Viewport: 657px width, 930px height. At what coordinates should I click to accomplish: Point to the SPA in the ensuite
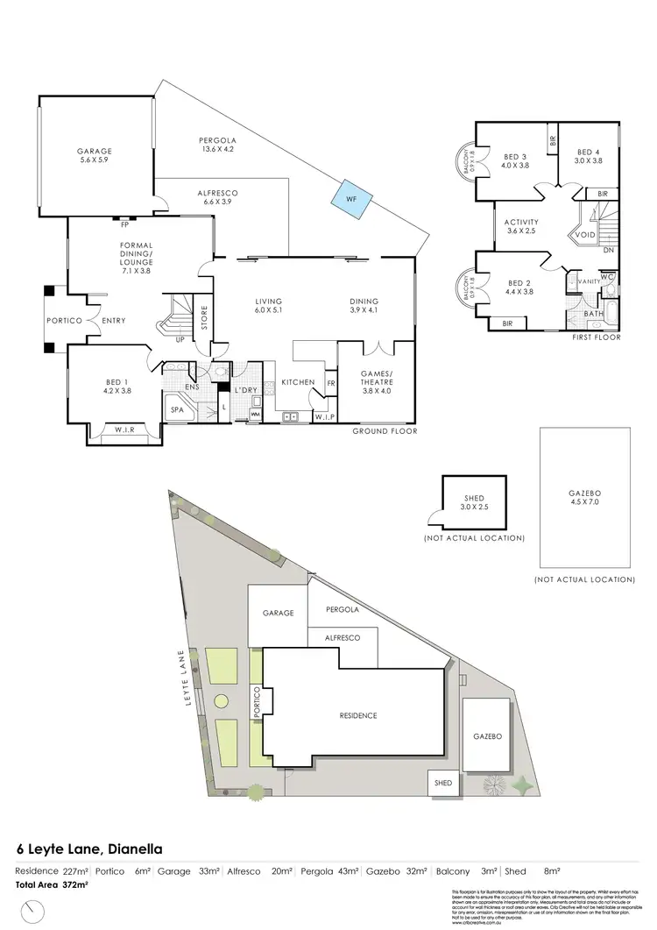click(x=177, y=409)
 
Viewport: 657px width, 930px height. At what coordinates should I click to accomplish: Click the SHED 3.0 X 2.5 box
click(x=474, y=502)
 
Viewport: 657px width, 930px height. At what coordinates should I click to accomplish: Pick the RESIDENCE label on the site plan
click(x=357, y=715)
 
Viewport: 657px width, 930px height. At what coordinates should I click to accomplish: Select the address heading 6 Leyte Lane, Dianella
click(x=88, y=848)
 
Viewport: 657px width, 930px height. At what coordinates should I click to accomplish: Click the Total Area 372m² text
click(x=51, y=886)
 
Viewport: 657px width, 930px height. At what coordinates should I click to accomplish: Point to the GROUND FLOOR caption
click(x=385, y=431)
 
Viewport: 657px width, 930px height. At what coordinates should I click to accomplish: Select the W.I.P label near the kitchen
click(x=322, y=418)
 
